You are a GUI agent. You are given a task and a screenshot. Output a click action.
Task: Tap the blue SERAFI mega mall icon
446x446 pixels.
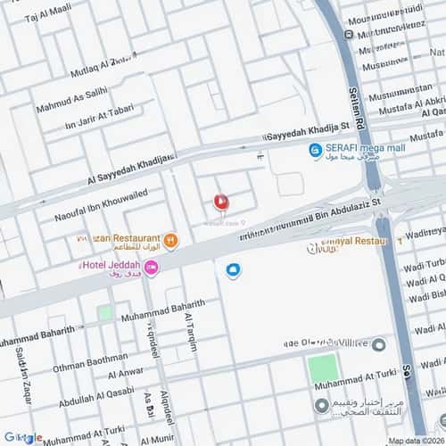coord(315,151)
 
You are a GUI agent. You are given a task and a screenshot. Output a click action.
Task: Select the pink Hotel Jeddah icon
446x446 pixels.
coord(151,268)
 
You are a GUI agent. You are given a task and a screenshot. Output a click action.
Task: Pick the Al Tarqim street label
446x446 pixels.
coord(190,332)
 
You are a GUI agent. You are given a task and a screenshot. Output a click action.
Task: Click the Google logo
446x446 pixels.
coord(23,437)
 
